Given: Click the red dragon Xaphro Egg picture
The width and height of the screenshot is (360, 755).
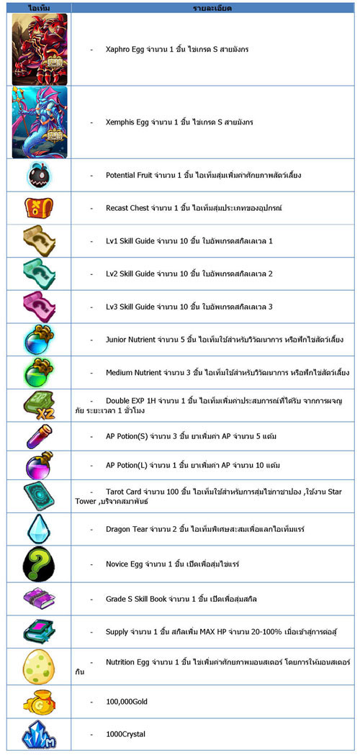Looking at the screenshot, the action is click(x=39, y=49).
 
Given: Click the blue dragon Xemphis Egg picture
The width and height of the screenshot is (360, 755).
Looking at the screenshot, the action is click(x=39, y=122).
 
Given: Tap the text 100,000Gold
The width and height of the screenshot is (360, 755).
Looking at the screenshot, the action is click(x=126, y=700).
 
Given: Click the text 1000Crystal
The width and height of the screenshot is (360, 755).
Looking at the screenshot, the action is click(x=125, y=733).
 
